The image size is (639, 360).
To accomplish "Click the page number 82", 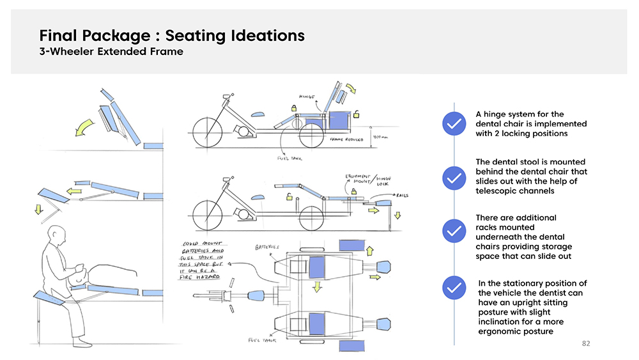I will pyautogui.click(x=586, y=344).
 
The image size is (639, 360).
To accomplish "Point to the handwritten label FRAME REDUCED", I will pyautogui.click(x=347, y=139).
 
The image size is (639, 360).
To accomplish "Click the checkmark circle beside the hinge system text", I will pyautogui.click(x=453, y=124).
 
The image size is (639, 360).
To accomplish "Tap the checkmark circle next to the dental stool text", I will pyautogui.click(x=453, y=177).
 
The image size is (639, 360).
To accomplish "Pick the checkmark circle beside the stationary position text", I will pyautogui.click(x=453, y=288).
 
